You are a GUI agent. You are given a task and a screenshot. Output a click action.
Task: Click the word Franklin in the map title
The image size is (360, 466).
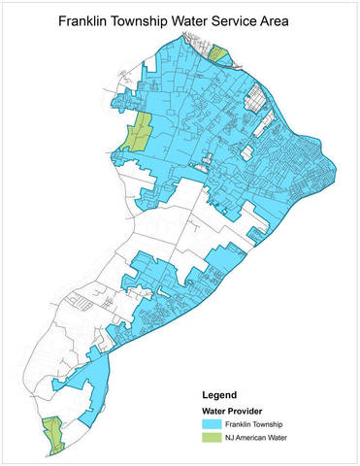pyautogui.click(x=86, y=19)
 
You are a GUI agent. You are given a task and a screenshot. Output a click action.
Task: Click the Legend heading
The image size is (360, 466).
pyautogui.click(x=222, y=396)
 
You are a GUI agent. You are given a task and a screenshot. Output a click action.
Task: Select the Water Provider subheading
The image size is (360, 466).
pyautogui.click(x=234, y=412)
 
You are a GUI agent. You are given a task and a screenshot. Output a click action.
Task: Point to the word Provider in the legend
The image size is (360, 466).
pyautogui.click(x=249, y=412)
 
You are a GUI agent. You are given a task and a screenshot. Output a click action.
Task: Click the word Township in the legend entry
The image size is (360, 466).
pyautogui.click(x=277, y=424)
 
